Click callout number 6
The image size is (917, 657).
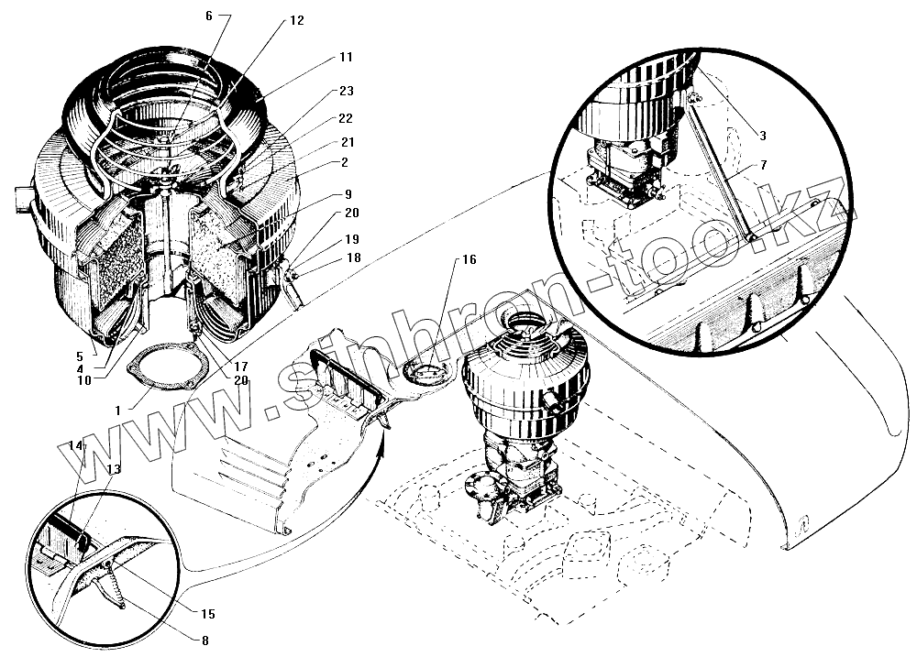tap(208, 16)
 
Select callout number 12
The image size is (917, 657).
tap(296, 20)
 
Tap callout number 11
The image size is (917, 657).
tap(345, 57)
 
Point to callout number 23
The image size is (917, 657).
tap(346, 91)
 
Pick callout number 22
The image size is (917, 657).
tap(346, 118)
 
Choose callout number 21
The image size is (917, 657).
tap(346, 143)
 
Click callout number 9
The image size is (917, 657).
tap(349, 194)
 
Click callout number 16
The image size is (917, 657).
tap(468, 260)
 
